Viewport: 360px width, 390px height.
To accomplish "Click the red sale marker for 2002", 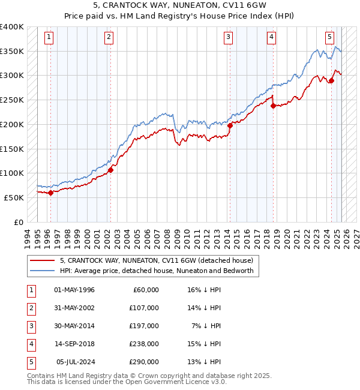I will (110, 170).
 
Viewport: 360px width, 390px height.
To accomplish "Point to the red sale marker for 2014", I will (230, 125).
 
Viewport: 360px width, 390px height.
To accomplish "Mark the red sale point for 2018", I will (273, 106).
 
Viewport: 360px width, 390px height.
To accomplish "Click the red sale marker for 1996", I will (50, 193).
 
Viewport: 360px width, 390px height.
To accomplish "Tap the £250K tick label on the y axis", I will (12, 100).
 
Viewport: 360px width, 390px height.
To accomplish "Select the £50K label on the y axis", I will (14, 197).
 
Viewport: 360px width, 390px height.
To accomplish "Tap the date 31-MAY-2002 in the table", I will (74, 308).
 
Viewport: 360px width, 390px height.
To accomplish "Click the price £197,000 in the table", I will (144, 326).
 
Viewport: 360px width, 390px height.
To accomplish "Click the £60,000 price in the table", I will (146, 290).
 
